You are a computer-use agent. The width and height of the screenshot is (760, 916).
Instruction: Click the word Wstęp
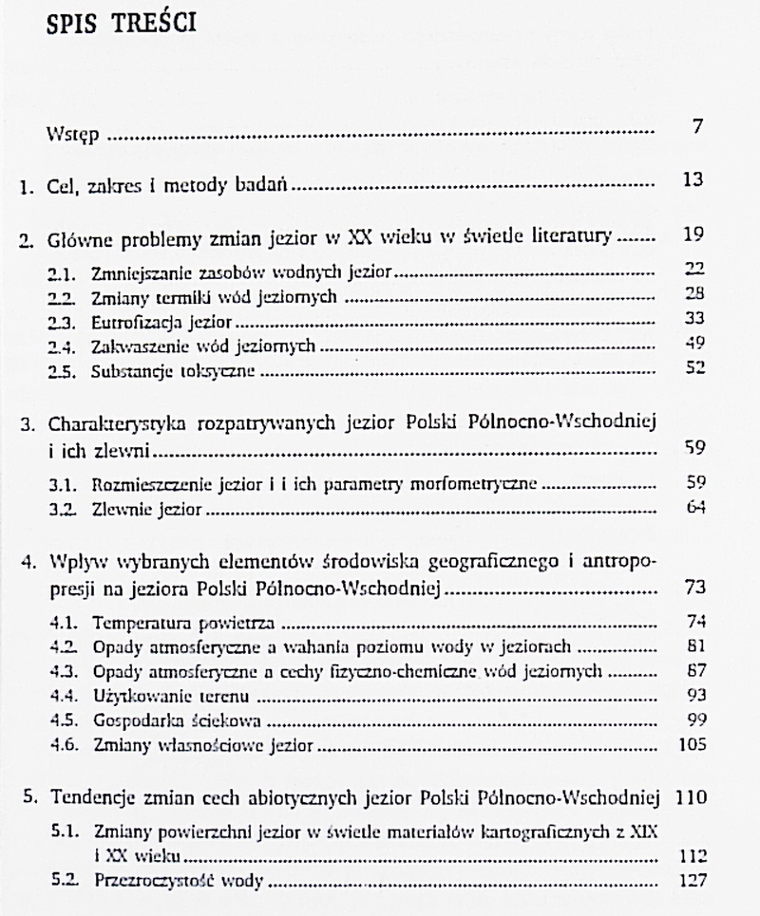click(72, 136)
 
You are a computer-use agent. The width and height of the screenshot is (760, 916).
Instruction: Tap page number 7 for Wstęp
click(697, 127)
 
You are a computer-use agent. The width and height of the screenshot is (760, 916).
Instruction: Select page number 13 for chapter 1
click(693, 180)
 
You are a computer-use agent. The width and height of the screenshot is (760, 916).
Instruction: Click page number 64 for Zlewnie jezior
click(694, 510)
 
